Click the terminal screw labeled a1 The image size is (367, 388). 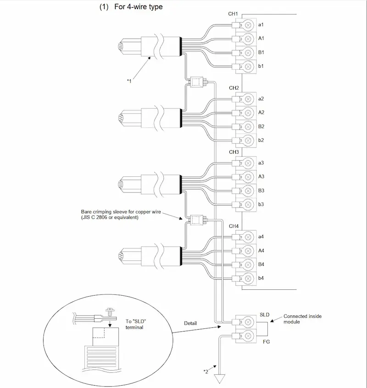248,25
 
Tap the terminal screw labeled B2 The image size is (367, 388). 248,127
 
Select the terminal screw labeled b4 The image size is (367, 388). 248,278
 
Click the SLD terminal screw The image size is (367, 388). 248,322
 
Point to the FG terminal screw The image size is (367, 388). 248,336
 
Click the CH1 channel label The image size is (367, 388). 233,14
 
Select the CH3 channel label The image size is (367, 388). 234,152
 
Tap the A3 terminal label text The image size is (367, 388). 261,176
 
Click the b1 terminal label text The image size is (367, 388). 261,66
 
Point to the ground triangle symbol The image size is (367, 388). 220,379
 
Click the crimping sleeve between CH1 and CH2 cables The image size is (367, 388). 197,82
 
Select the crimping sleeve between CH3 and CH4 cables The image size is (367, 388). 197,220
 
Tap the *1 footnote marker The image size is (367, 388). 129,81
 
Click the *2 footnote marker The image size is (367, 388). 206,371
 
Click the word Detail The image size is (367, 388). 190,323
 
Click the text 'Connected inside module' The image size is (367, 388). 302,319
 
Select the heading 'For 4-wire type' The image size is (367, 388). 139,7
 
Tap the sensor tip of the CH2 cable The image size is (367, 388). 121,118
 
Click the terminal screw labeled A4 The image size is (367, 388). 248,251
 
